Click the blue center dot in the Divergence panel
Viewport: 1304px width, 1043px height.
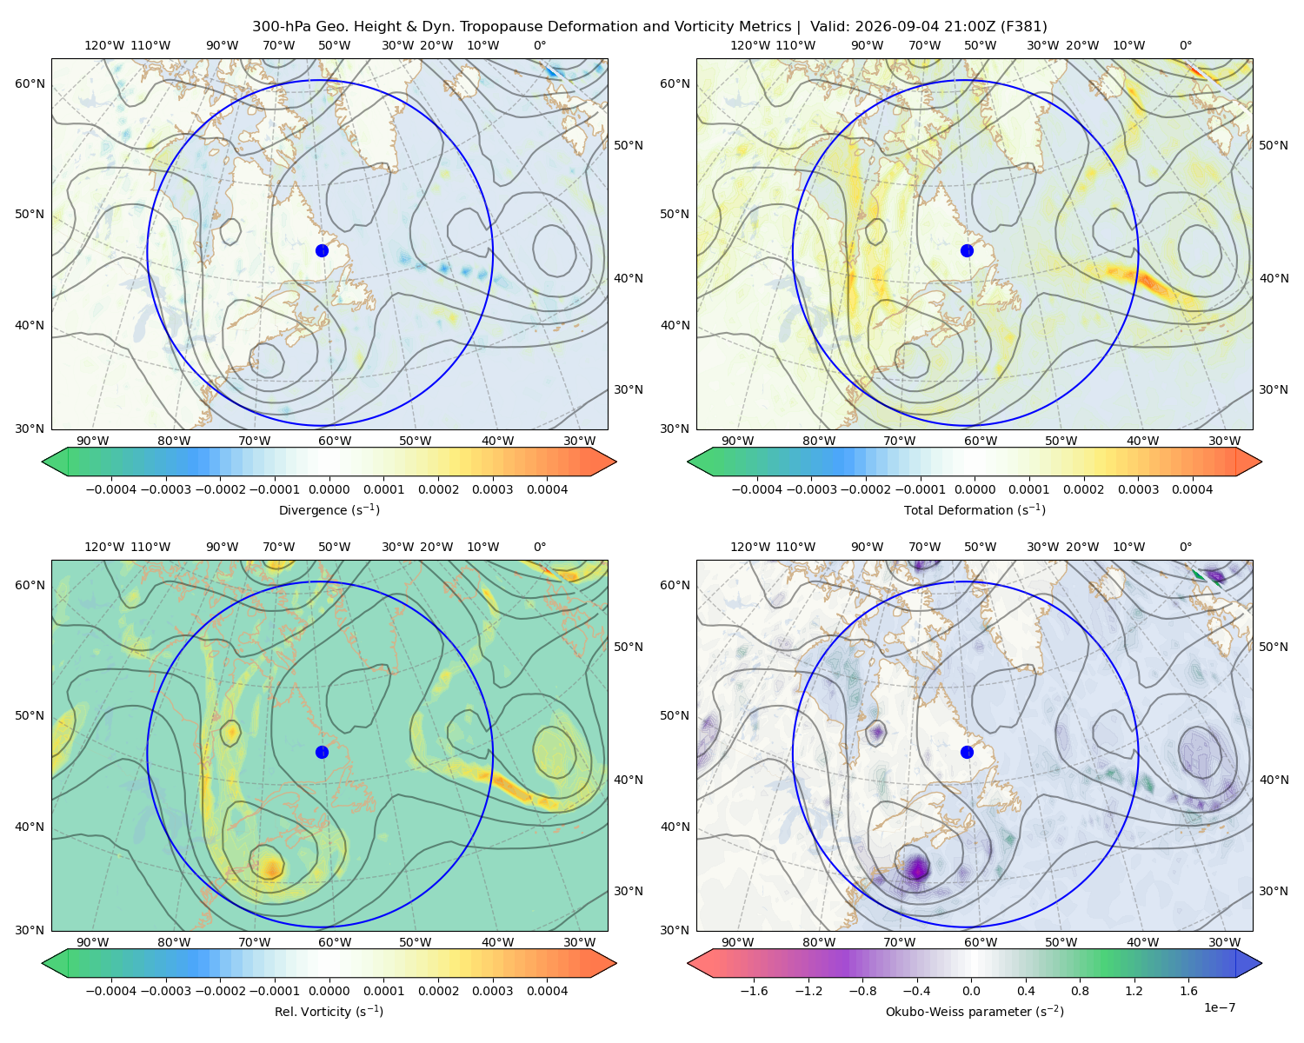(322, 250)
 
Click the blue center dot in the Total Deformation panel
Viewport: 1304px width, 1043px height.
(967, 250)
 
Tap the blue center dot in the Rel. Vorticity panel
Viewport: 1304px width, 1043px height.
(322, 752)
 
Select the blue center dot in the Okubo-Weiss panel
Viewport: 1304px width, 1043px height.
(967, 752)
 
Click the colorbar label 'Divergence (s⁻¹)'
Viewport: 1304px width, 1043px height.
(329, 509)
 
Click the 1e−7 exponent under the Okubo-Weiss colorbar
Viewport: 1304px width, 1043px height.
(1219, 1007)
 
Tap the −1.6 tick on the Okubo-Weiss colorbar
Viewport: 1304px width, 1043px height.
(754, 990)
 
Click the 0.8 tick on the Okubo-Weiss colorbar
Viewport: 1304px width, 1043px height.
(1080, 990)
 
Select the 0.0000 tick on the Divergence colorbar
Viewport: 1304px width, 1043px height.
(329, 489)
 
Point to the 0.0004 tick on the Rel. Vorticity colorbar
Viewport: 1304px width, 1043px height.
(547, 990)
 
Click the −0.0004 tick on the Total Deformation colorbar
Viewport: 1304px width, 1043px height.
(757, 489)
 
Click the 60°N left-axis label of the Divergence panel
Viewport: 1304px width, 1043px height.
(30, 83)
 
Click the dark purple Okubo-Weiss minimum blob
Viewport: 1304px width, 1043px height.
(917, 866)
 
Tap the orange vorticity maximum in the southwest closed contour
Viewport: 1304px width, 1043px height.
(271, 867)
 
